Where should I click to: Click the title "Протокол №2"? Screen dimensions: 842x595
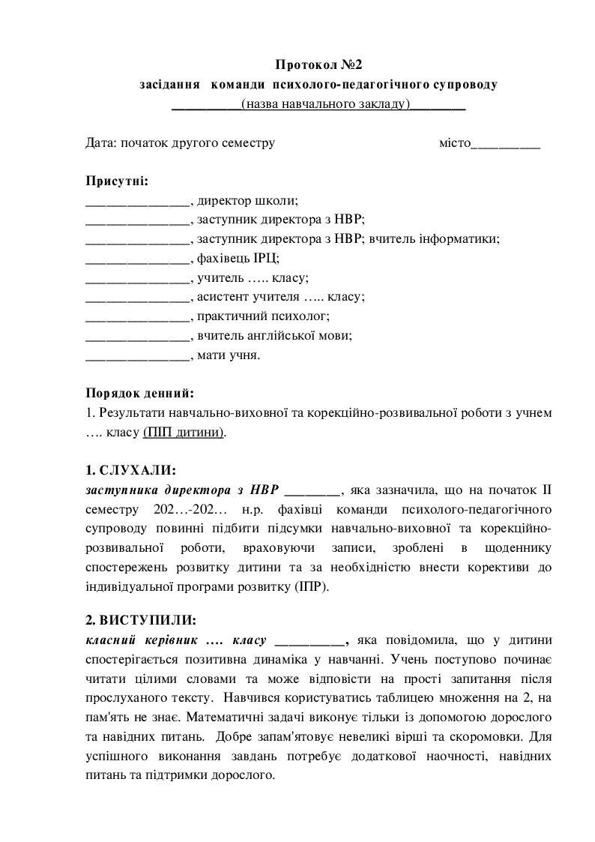coord(318,65)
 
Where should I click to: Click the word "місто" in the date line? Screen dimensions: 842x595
coord(454,142)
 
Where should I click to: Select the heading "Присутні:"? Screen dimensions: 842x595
coord(117,181)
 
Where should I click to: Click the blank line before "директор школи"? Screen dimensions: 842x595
coord(138,201)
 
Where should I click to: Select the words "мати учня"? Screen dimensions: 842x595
coord(229,355)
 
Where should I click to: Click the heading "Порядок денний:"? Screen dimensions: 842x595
coord(140,393)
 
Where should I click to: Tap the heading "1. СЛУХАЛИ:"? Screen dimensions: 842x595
coord(131,471)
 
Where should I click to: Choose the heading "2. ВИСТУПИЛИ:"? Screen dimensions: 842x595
coord(142,621)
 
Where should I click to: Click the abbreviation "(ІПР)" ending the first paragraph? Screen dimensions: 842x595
coord(311,587)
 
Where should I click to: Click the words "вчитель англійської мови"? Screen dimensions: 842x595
coord(274,336)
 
